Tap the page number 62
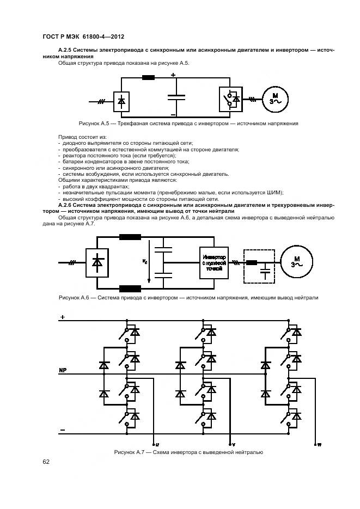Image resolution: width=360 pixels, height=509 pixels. (x=46, y=462)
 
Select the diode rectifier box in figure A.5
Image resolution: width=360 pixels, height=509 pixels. (x=121, y=101)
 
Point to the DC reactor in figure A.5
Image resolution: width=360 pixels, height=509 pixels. (x=148, y=78)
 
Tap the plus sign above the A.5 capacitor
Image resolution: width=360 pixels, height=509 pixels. (x=173, y=75)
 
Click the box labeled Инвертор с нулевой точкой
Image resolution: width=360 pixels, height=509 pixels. (x=213, y=262)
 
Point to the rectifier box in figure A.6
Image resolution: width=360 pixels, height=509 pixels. (x=97, y=262)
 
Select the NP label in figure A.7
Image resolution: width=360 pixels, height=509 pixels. (x=63, y=370)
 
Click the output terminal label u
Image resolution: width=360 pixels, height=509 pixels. (x=157, y=444)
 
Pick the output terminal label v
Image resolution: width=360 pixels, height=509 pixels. (x=233, y=444)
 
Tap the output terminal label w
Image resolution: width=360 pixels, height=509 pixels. (x=320, y=444)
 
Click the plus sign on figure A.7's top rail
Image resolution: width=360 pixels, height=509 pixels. (x=62, y=317)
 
